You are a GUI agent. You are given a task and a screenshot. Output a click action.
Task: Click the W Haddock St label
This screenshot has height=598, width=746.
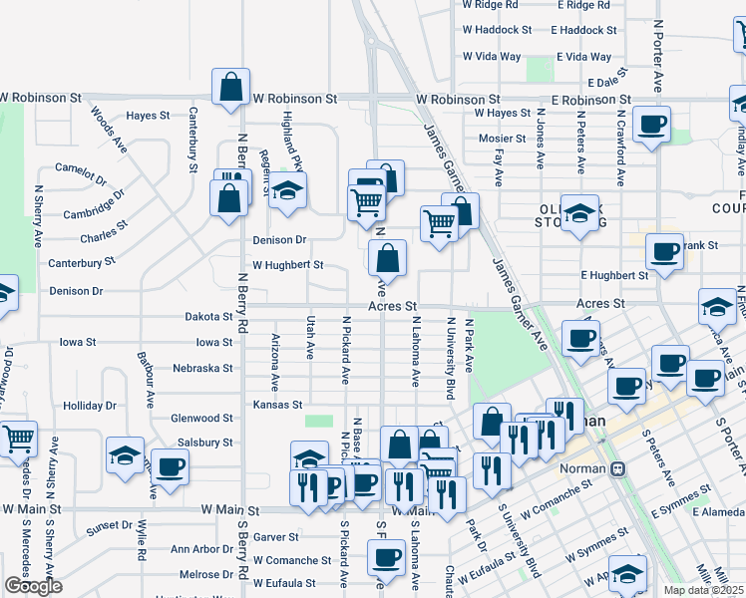(497, 30)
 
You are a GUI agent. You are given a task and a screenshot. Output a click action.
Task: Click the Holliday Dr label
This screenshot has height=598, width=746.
(90, 406)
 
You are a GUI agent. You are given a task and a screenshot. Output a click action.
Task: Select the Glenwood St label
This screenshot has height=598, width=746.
(201, 419)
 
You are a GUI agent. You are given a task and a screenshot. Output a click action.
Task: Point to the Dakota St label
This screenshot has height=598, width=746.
(208, 316)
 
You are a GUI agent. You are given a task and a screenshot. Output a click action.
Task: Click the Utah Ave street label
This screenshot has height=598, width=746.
(310, 336)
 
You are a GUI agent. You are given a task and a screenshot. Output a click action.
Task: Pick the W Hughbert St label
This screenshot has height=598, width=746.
(288, 265)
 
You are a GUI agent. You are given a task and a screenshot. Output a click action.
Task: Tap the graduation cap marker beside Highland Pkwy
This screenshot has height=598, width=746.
(286, 191)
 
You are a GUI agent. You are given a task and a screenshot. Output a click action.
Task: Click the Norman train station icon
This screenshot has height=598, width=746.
(618, 467)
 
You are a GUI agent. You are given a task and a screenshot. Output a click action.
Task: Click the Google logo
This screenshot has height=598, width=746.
(33, 586)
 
